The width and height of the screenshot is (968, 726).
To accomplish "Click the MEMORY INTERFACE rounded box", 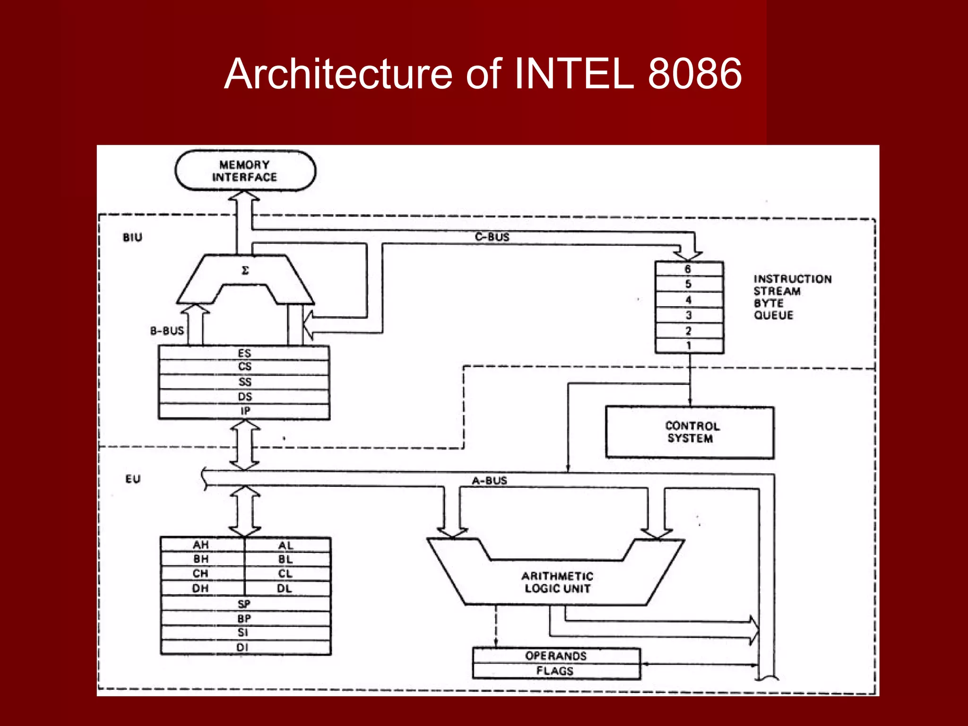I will pyautogui.click(x=245, y=171).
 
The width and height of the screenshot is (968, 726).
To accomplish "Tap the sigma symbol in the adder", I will pyautogui.click(x=245, y=271).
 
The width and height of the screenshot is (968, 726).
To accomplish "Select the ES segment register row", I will pyautogui.click(x=244, y=353).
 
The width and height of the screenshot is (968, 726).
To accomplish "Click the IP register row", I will pyautogui.click(x=244, y=411).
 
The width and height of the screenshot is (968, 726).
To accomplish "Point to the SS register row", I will pyautogui.click(x=244, y=382).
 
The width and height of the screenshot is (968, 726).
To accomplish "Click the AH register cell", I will pyautogui.click(x=201, y=545).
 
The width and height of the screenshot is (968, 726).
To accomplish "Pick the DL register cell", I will pyautogui.click(x=285, y=588).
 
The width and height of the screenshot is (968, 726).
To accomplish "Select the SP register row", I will pyautogui.click(x=244, y=604).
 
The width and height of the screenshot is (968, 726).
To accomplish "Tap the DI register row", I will pyautogui.click(x=243, y=647).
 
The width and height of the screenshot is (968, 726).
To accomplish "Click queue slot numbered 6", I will pyautogui.click(x=688, y=269).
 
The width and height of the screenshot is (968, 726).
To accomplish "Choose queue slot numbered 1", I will pyautogui.click(x=688, y=346).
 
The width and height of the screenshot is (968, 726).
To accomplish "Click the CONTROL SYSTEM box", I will pyautogui.click(x=690, y=432).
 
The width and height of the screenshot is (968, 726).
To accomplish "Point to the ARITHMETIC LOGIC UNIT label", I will pyautogui.click(x=557, y=582).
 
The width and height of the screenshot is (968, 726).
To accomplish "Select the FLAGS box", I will pyautogui.click(x=555, y=671).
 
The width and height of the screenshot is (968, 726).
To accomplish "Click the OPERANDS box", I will pyautogui.click(x=556, y=656).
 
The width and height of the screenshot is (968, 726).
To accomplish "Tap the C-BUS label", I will pyautogui.click(x=492, y=237).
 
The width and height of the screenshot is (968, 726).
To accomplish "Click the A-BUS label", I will pyautogui.click(x=489, y=481).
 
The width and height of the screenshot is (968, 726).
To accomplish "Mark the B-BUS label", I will pyautogui.click(x=167, y=331).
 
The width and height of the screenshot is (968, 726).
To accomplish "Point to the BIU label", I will pyautogui.click(x=132, y=237).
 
